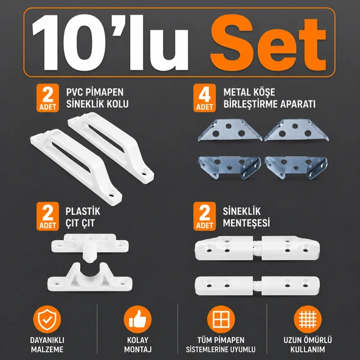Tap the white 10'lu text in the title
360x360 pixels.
110,43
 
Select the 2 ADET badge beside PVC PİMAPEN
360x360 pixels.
48,98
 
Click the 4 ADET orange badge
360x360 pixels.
204,98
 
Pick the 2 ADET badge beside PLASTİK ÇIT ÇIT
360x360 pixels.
48,216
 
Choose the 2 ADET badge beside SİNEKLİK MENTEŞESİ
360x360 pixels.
204,216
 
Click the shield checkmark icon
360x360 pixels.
47,319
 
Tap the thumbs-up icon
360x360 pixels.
138,319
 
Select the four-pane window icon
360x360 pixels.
221,319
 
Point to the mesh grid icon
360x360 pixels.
308,319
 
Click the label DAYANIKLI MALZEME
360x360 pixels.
47,345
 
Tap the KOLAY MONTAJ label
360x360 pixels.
138,345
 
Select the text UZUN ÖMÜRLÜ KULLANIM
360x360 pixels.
308,345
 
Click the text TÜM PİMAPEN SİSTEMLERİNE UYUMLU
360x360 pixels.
221,345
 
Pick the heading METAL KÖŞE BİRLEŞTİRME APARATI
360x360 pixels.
269,98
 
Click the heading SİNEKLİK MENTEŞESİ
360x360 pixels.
246,217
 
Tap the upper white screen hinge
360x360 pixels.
257,248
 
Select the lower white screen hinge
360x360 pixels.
257,286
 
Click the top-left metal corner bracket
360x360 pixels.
230,130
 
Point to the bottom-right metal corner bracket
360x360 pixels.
296,168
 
